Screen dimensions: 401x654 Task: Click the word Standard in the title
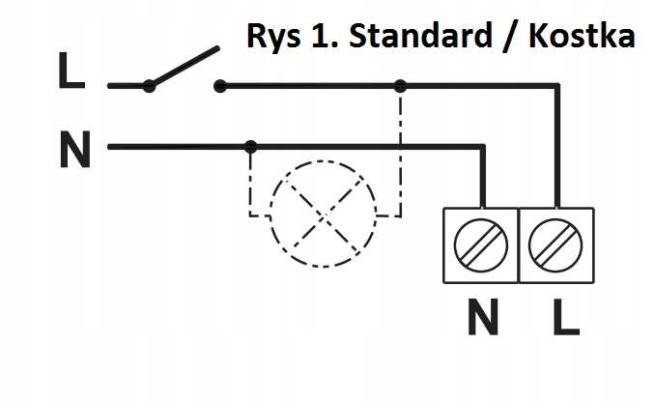click(x=418, y=37)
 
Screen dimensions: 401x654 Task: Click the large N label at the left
click(x=74, y=151)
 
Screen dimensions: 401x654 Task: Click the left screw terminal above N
click(x=481, y=243)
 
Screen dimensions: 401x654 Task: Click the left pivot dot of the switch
click(x=149, y=86)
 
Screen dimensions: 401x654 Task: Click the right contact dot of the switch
click(x=220, y=86)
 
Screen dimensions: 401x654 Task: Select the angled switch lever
click(x=184, y=66)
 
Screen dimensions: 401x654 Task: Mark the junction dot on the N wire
click(x=251, y=147)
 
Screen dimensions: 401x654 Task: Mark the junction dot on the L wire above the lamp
click(x=400, y=86)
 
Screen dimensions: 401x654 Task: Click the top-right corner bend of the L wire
click(x=557, y=87)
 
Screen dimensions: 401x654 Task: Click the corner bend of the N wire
click(x=481, y=148)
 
